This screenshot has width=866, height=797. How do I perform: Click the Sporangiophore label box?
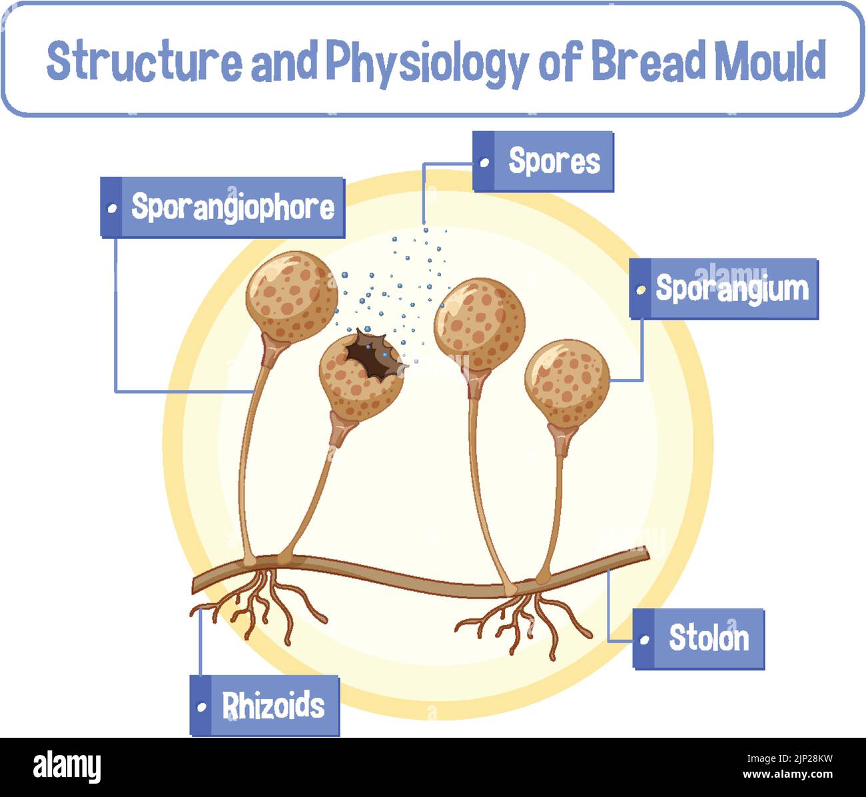pyautogui.click(x=222, y=207)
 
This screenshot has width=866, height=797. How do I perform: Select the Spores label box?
pyautogui.click(x=543, y=161)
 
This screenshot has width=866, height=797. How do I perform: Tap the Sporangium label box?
pyautogui.click(x=724, y=288)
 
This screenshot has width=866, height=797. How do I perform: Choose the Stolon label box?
pyautogui.click(x=699, y=639)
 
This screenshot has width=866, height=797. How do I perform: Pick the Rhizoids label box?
pyautogui.click(x=264, y=706)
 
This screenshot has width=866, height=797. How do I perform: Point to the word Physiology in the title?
pyautogui.click(x=427, y=62)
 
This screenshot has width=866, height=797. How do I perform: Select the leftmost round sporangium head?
pyautogui.click(x=291, y=296)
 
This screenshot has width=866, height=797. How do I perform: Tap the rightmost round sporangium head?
pyautogui.click(x=567, y=383)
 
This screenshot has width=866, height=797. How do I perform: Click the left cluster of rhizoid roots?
pyautogui.click(x=256, y=603)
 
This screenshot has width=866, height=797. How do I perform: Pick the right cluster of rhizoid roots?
pyautogui.click(x=526, y=616)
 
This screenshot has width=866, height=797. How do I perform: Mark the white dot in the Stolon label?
pyautogui.click(x=644, y=640)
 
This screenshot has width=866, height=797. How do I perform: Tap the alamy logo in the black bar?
pyautogui.click(x=67, y=767)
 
